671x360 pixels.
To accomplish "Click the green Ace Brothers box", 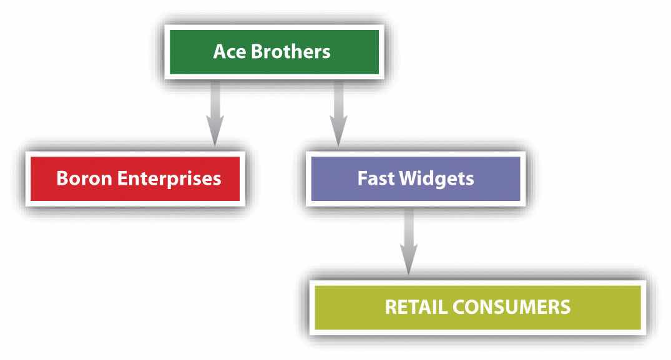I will (x=272, y=52).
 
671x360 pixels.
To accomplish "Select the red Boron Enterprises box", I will (x=139, y=178).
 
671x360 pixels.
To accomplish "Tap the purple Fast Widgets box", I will (x=415, y=178).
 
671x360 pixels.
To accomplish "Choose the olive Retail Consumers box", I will (x=477, y=307).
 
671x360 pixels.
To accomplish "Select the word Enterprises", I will (x=163, y=179).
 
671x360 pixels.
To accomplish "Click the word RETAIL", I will (x=414, y=307).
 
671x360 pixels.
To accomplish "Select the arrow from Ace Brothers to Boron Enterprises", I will (x=215, y=109).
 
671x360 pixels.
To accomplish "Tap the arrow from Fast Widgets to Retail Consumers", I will (x=409, y=240).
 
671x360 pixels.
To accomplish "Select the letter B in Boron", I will (x=61, y=178).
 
